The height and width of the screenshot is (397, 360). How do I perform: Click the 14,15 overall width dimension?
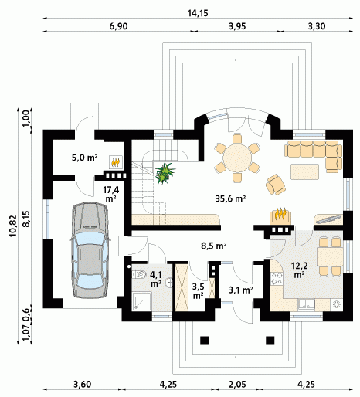198,13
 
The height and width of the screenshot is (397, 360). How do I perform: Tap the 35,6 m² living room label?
230,198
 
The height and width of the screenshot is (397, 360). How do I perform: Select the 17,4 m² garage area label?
110,194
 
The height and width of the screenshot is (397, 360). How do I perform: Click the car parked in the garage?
90,250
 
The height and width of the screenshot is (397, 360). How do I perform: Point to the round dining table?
237,158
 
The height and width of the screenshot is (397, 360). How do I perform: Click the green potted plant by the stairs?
165,173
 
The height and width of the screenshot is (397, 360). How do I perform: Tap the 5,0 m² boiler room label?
84,158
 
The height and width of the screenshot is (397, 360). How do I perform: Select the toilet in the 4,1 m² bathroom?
139,274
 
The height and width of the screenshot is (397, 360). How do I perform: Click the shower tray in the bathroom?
141,301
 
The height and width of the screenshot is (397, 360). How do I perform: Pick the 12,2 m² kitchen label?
299,270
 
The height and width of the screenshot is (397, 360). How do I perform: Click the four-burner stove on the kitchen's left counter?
277,279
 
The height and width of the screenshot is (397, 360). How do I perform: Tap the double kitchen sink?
307,304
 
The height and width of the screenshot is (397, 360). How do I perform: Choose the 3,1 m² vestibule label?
240,290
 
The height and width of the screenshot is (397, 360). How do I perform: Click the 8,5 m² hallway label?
214,246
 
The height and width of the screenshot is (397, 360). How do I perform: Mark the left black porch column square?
205,341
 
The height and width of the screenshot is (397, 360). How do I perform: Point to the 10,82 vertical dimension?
13,226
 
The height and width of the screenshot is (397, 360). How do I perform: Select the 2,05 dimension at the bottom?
237,385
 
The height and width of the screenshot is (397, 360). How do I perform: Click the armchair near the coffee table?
276,184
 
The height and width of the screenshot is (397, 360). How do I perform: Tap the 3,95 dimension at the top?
237,26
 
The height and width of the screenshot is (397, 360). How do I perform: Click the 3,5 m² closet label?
199,291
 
